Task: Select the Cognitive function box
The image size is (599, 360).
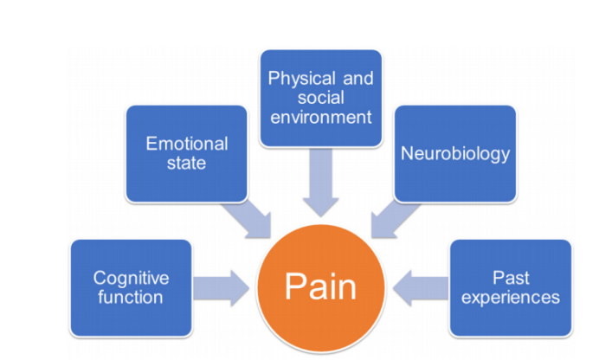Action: pyautogui.click(x=130, y=287)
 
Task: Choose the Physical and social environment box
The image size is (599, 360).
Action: pyautogui.click(x=320, y=97)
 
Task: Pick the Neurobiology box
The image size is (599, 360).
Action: pyautogui.click(x=454, y=154)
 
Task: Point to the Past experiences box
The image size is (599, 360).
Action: pyautogui.click(x=511, y=288)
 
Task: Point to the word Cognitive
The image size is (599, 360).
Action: pyautogui.click(x=131, y=279)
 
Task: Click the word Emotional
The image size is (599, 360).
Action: pyautogui.click(x=187, y=143)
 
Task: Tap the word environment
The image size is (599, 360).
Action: pyautogui.click(x=320, y=116)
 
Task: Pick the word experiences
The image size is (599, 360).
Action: pyautogui.click(x=511, y=298)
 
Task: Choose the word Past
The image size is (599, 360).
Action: pyautogui.click(x=511, y=279)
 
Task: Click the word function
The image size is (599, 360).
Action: pyautogui.click(x=130, y=298)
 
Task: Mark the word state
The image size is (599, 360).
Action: pyautogui.click(x=187, y=163)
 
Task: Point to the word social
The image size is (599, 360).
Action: pyautogui.click(x=320, y=97)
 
